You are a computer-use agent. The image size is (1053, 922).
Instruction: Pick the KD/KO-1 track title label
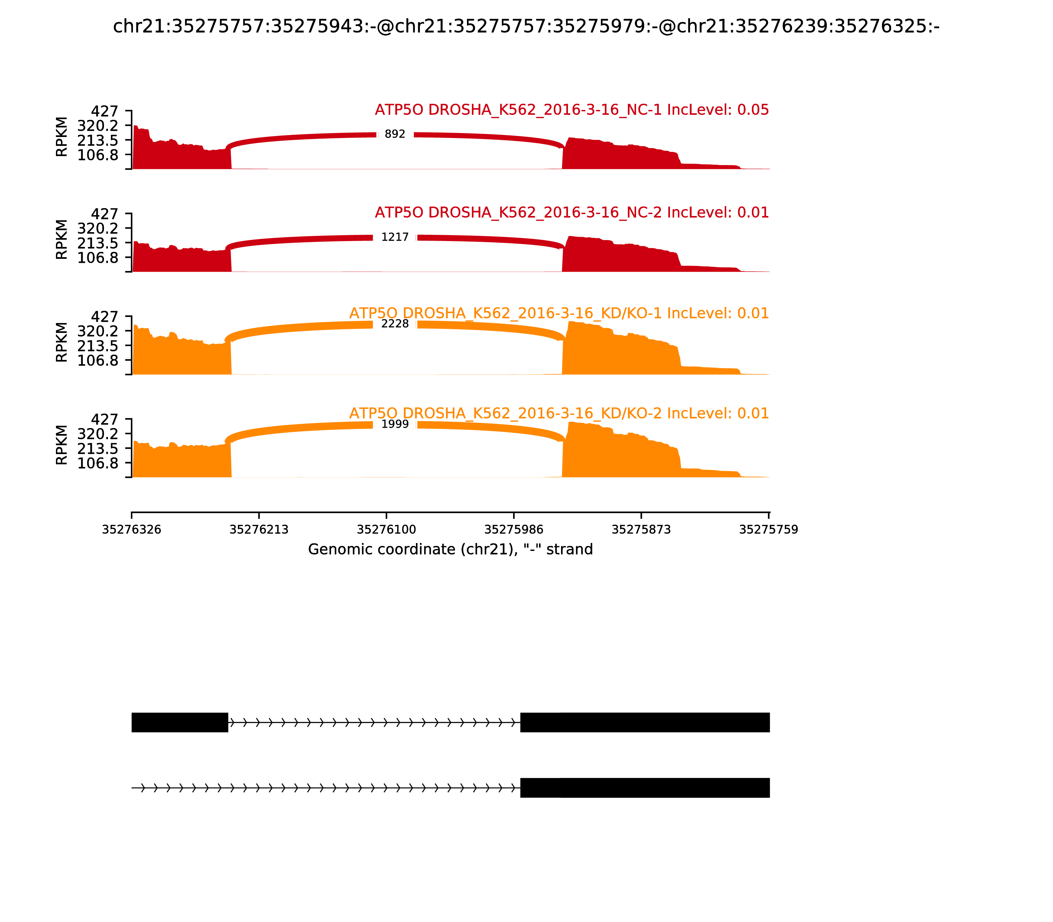point(559,313)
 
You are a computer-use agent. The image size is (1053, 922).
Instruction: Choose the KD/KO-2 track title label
point(559,414)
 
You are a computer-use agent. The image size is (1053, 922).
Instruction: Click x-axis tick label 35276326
point(132,530)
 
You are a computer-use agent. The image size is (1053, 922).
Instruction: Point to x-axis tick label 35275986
point(514,530)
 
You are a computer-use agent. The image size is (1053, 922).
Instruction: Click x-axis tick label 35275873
point(641,530)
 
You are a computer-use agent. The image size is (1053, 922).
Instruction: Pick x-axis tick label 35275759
point(769,530)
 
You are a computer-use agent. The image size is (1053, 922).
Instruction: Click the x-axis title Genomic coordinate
point(450,550)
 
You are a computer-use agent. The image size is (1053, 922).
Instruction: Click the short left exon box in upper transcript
point(179,722)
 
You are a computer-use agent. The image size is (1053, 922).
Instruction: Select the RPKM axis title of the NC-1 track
point(61,137)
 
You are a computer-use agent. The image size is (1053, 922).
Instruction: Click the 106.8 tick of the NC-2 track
point(98,258)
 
